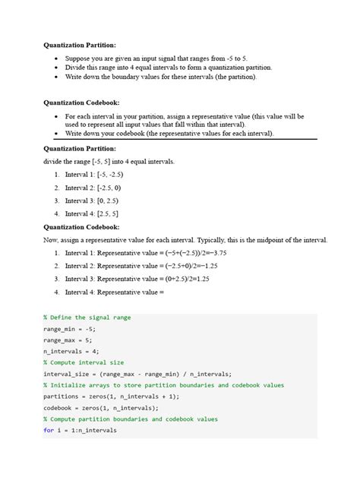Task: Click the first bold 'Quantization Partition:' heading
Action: pyautogui.click(x=79, y=44)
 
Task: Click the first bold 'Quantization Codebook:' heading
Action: pyautogui.click(x=79, y=101)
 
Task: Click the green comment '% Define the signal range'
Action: pyautogui.click(x=85, y=317)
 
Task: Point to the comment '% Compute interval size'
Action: pyautogui.click(x=84, y=362)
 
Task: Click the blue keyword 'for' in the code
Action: pyautogui.click(x=49, y=430)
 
